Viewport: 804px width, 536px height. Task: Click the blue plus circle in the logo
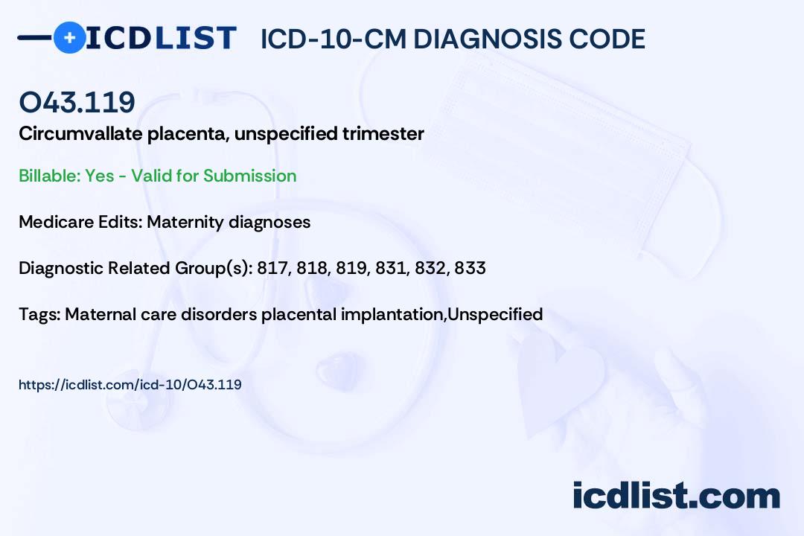tap(69, 38)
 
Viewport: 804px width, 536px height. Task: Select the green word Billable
tap(49, 176)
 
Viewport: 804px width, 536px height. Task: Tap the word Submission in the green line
tap(249, 176)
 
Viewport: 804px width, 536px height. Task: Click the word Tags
tap(39, 314)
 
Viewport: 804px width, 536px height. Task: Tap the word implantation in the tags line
tap(392, 314)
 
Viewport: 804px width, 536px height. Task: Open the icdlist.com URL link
tap(130, 385)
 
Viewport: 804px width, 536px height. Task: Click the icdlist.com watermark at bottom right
tap(676, 496)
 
